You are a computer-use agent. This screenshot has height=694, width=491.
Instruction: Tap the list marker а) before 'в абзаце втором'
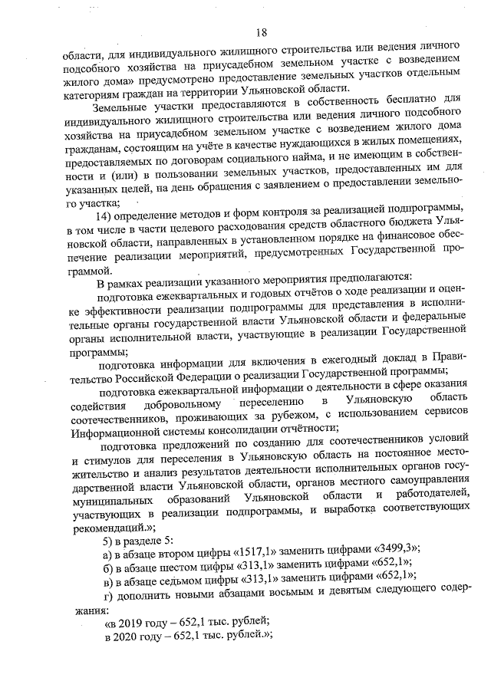(108, 558)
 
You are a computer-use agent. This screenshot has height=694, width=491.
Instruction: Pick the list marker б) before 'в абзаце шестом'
(108, 574)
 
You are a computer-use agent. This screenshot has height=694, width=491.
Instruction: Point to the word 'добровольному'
(180, 403)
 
